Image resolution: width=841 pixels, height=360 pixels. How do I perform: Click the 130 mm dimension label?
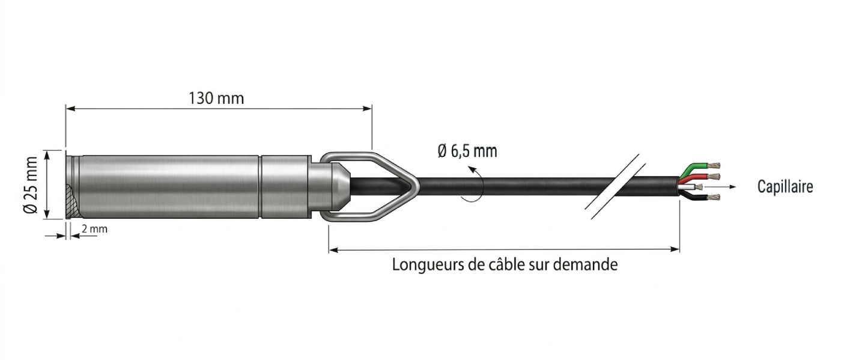point(216,99)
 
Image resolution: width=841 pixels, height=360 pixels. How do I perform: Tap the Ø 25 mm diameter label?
point(31,185)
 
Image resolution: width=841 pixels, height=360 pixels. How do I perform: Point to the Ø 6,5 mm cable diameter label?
point(467,151)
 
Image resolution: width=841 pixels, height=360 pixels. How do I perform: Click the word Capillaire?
point(785,187)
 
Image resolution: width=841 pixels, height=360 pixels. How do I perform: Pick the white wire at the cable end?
point(691,187)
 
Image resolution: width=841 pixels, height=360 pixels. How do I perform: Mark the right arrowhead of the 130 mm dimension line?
point(367,109)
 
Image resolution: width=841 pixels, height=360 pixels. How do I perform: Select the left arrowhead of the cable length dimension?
point(333,249)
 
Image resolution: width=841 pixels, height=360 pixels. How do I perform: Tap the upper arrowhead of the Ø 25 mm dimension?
point(47,154)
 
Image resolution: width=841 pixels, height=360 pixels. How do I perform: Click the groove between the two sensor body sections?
point(260,186)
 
